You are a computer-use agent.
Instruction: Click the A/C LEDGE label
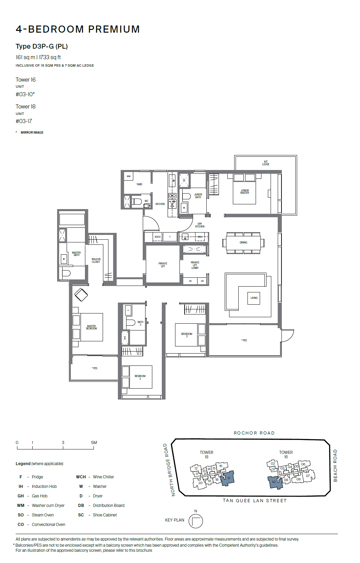(265, 163)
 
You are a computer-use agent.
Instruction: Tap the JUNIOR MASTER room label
(244, 192)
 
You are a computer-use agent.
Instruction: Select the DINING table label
(243, 242)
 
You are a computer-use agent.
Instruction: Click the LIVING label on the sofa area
(254, 298)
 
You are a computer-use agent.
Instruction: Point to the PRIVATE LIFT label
(163, 265)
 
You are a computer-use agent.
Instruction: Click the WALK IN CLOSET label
(96, 260)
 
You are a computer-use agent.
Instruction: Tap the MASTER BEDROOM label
(91, 327)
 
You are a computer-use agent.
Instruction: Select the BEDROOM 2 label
(140, 377)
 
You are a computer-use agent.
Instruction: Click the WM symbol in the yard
(128, 176)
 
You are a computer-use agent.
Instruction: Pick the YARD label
(139, 184)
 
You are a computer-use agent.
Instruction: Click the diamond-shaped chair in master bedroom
(81, 295)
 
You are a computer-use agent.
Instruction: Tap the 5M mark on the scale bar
(94, 443)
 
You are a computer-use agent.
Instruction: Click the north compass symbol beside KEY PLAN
(195, 521)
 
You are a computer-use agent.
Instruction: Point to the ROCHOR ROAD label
(254, 433)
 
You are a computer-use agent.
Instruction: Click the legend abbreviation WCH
(81, 477)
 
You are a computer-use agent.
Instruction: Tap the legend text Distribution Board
(108, 506)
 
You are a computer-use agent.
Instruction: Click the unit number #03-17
(24, 121)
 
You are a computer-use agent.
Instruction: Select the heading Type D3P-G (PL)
(41, 46)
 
